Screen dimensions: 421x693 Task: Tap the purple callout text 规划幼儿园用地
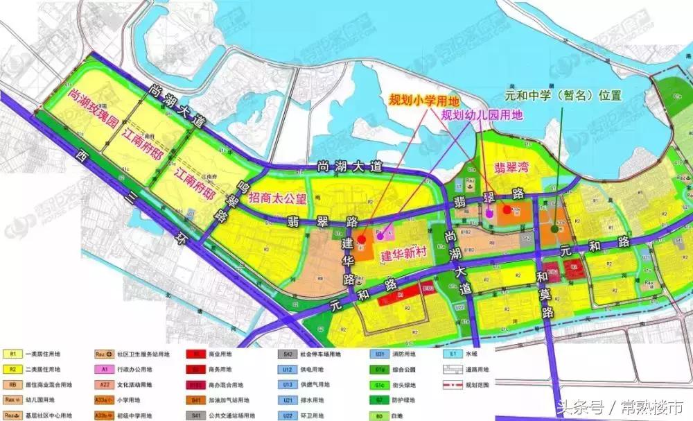(x=483, y=116)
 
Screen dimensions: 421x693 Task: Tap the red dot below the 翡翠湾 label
(x=508, y=209)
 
